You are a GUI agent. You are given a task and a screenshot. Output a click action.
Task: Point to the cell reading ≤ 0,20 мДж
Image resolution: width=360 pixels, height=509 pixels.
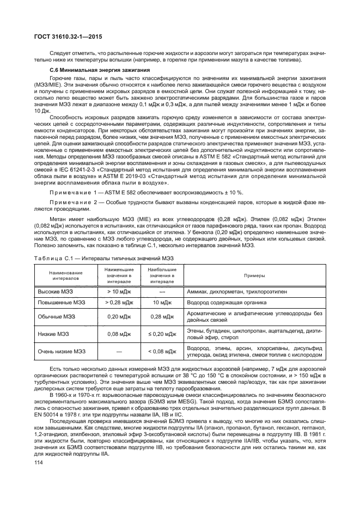162,333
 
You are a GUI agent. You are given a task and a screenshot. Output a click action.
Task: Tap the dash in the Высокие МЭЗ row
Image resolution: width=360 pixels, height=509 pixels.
162,292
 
